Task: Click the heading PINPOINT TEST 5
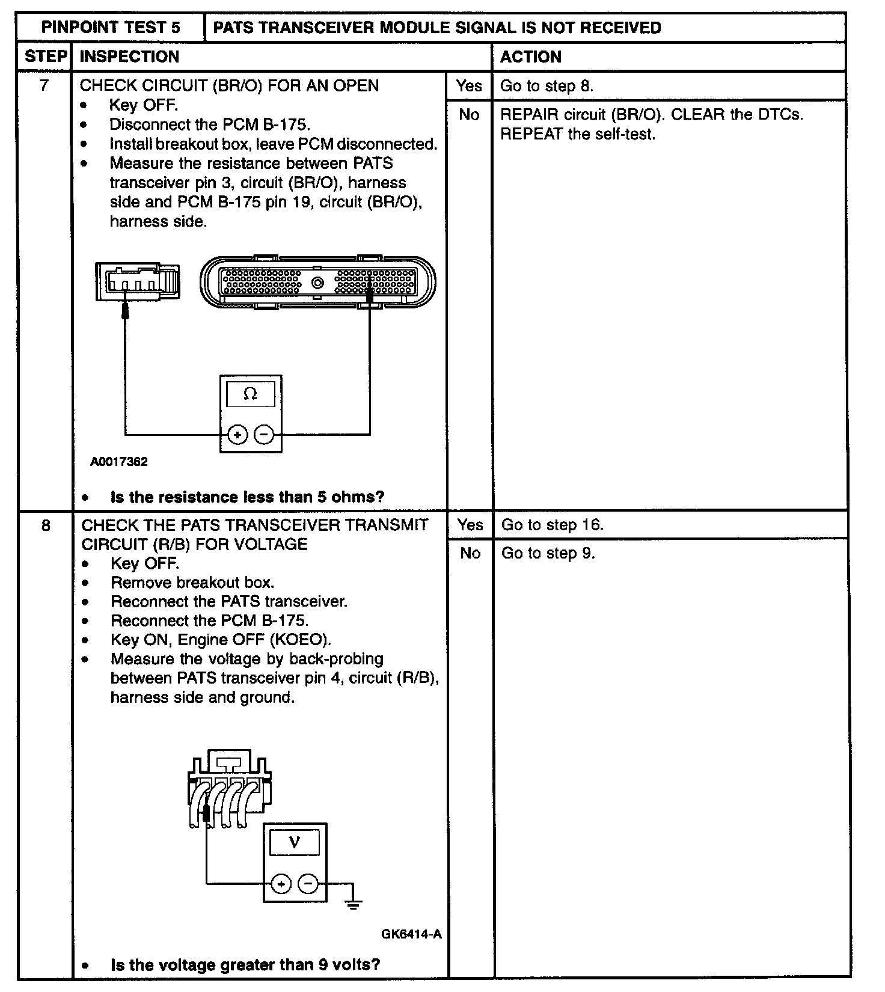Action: pyautogui.click(x=111, y=28)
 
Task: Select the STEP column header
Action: pyautogui.click(x=45, y=57)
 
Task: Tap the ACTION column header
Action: pyautogui.click(x=530, y=57)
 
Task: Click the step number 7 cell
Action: pyautogui.click(x=44, y=85)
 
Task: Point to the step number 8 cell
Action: pyautogui.click(x=46, y=525)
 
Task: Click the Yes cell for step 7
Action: pyautogui.click(x=469, y=86)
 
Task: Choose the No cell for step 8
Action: pyautogui.click(x=470, y=553)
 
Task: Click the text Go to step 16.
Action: pyautogui.click(x=552, y=525)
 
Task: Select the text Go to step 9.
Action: pyautogui.click(x=548, y=553)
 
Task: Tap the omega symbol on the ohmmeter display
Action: pyautogui.click(x=250, y=394)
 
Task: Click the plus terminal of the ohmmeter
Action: pyautogui.click(x=237, y=434)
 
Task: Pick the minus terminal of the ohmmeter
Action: pyautogui.click(x=264, y=434)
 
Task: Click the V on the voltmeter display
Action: pyautogui.click(x=295, y=842)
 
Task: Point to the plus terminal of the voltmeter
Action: pyautogui.click(x=281, y=884)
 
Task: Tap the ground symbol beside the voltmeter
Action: pyautogui.click(x=354, y=902)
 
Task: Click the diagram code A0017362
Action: pyautogui.click(x=119, y=462)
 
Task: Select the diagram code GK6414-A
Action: pyautogui.click(x=411, y=934)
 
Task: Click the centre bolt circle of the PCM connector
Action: pyautogui.click(x=317, y=283)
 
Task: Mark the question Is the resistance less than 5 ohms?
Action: pyautogui.click(x=247, y=497)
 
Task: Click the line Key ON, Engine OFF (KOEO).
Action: pyautogui.click(x=221, y=640)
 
